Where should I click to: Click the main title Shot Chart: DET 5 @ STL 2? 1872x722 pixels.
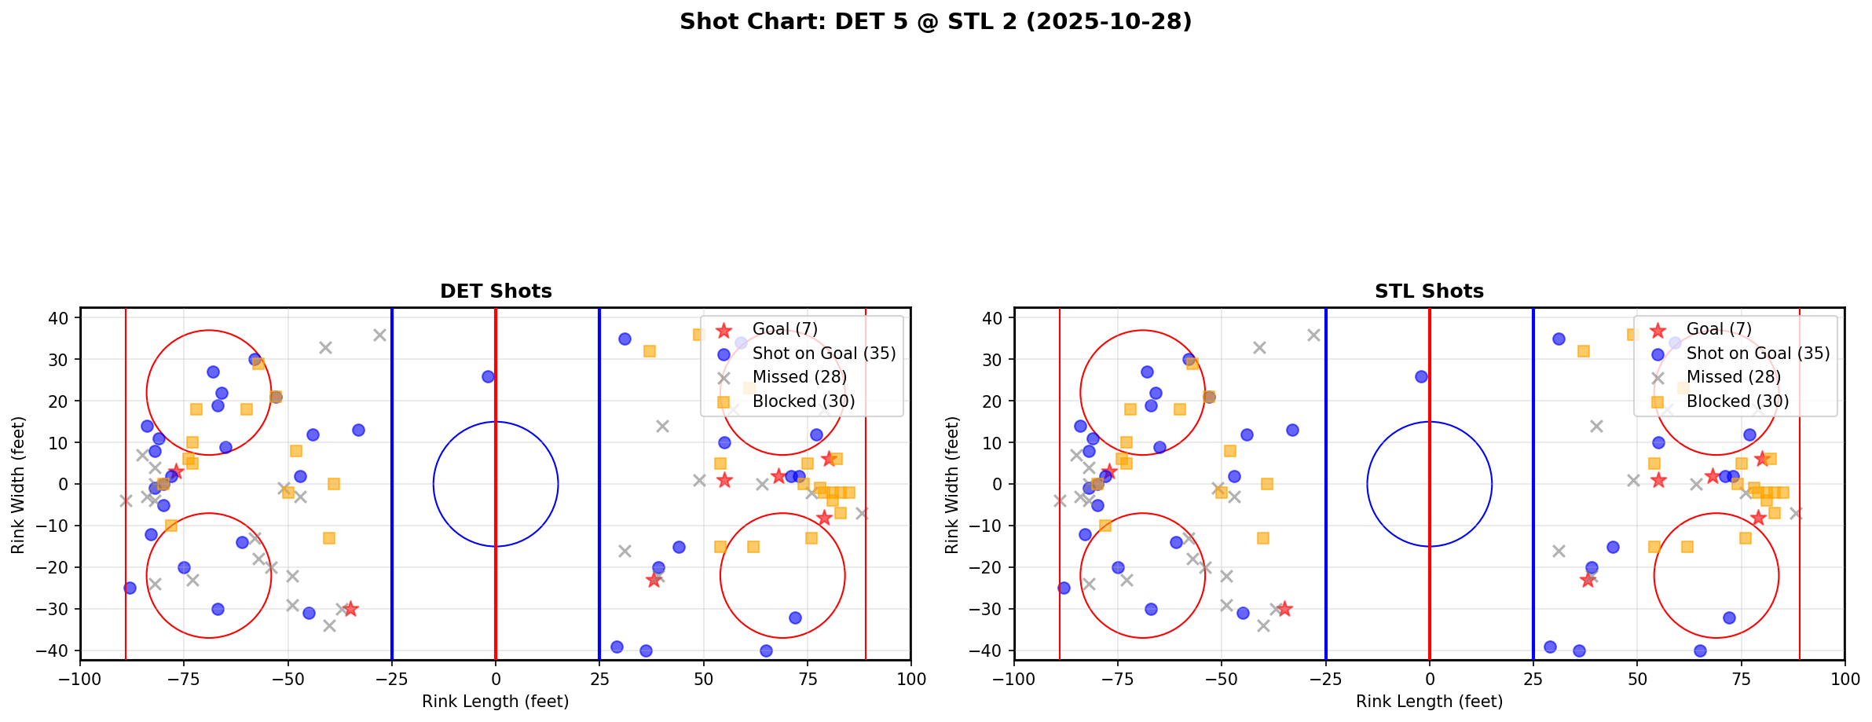935,22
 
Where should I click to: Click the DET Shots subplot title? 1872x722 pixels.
496,291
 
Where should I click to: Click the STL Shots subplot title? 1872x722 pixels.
1429,291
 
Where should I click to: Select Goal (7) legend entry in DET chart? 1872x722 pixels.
785,329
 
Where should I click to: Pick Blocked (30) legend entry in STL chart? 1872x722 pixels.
1737,401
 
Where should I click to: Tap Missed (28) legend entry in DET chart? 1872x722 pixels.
799,377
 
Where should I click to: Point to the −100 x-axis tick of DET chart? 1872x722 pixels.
80,679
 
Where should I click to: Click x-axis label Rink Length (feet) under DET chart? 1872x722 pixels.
495,702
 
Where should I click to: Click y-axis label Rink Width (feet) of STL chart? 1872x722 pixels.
952,485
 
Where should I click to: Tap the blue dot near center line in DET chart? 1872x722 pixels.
488,376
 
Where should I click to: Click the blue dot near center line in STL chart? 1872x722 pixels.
1421,376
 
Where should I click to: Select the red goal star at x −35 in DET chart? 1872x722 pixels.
350,609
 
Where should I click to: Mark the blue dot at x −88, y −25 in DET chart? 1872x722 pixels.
130,588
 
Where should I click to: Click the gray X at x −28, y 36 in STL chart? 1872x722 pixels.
1313,335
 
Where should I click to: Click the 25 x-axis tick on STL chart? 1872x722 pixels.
1533,679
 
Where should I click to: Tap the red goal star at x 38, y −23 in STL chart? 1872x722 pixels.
1588,580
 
